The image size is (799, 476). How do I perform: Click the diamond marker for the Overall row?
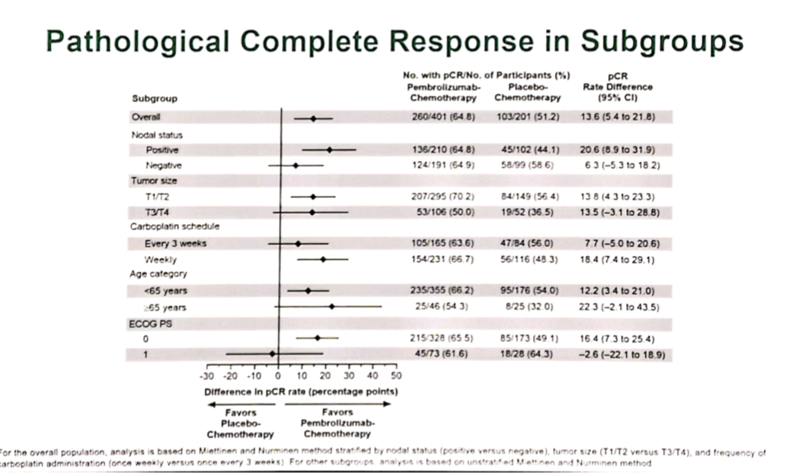coord(312,118)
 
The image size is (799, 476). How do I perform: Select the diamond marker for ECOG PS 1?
coord(272,353)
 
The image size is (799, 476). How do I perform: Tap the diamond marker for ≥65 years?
coord(331,307)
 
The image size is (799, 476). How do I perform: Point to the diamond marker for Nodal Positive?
coord(329,149)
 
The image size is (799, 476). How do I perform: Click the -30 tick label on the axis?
coord(205,376)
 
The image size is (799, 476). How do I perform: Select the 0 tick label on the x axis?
coord(277,376)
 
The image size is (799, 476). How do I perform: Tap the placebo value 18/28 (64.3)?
coord(527,353)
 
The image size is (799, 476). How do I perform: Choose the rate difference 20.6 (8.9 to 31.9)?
coord(618,149)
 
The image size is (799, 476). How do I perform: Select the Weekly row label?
coord(161,260)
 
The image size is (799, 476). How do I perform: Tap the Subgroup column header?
coord(150,98)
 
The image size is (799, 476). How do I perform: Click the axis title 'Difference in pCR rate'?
coord(301,391)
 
